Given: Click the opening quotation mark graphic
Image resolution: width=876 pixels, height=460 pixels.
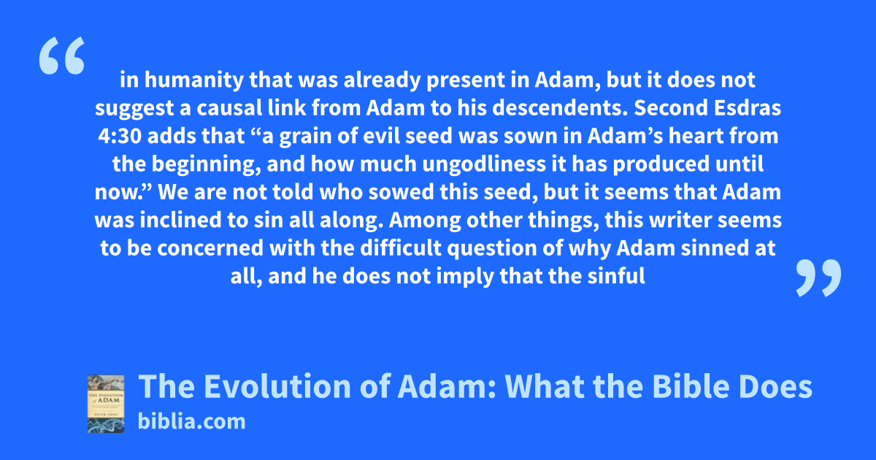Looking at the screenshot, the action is pyautogui.click(x=62, y=55).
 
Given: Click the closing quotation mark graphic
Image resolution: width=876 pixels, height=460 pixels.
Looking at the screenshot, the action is pyautogui.click(x=818, y=277).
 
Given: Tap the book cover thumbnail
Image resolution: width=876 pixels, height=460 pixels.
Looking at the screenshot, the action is pyautogui.click(x=106, y=404).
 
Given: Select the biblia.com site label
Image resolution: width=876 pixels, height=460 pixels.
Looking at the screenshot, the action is pyautogui.click(x=191, y=422).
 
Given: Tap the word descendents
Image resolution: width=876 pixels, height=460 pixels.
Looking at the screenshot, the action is pyautogui.click(x=560, y=108).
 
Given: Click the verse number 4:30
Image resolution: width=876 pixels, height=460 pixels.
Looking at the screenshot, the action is pyautogui.click(x=119, y=136).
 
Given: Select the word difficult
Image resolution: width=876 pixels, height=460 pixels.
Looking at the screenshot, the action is pyautogui.click(x=401, y=248).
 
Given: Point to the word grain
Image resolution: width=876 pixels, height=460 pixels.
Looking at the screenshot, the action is pyautogui.click(x=305, y=137).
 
